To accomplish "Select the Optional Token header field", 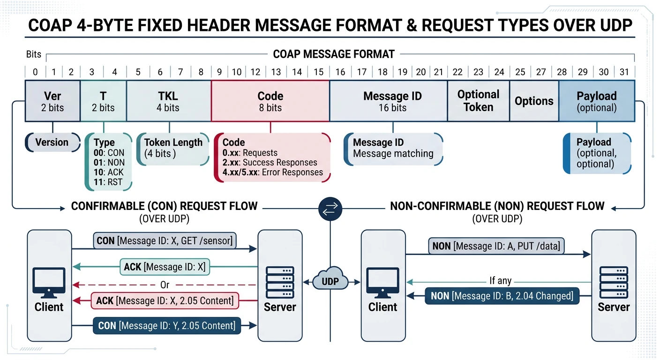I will (478, 101).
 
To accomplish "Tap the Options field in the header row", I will (534, 101).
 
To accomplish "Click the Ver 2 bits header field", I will (52, 101).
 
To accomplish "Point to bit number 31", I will (623, 72).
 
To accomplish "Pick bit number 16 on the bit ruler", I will (340, 72).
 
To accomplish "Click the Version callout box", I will (52, 142).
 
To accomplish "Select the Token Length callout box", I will (173, 148).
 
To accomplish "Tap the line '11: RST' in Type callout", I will (108, 182).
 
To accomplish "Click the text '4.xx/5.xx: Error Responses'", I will (272, 172).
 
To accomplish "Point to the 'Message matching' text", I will (393, 154).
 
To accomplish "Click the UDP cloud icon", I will (330, 281).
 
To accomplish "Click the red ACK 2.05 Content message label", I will (165, 300).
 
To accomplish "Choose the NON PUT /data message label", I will (496, 246).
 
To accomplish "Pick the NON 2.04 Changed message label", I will (502, 296).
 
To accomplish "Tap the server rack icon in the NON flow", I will (614, 284).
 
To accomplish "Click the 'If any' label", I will (500, 281).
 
